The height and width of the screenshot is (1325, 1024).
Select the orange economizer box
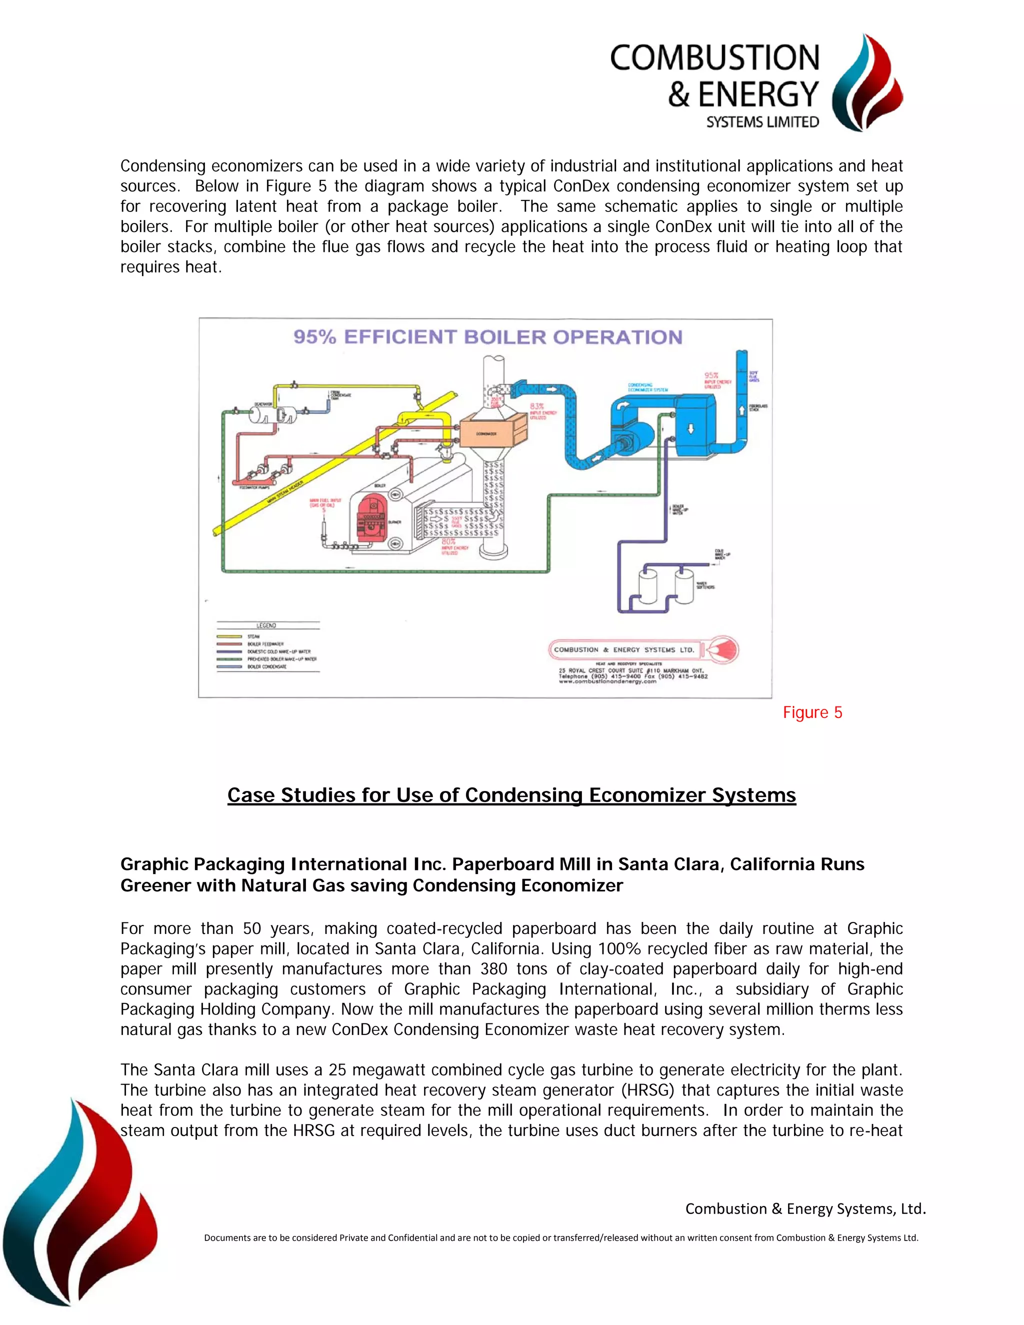(x=492, y=432)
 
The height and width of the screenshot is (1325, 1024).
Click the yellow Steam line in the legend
(x=229, y=636)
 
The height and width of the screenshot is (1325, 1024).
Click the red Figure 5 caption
(x=812, y=712)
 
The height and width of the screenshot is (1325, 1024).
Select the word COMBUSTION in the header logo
(x=714, y=57)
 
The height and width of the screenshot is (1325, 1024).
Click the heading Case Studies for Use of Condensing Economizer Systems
(x=511, y=795)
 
